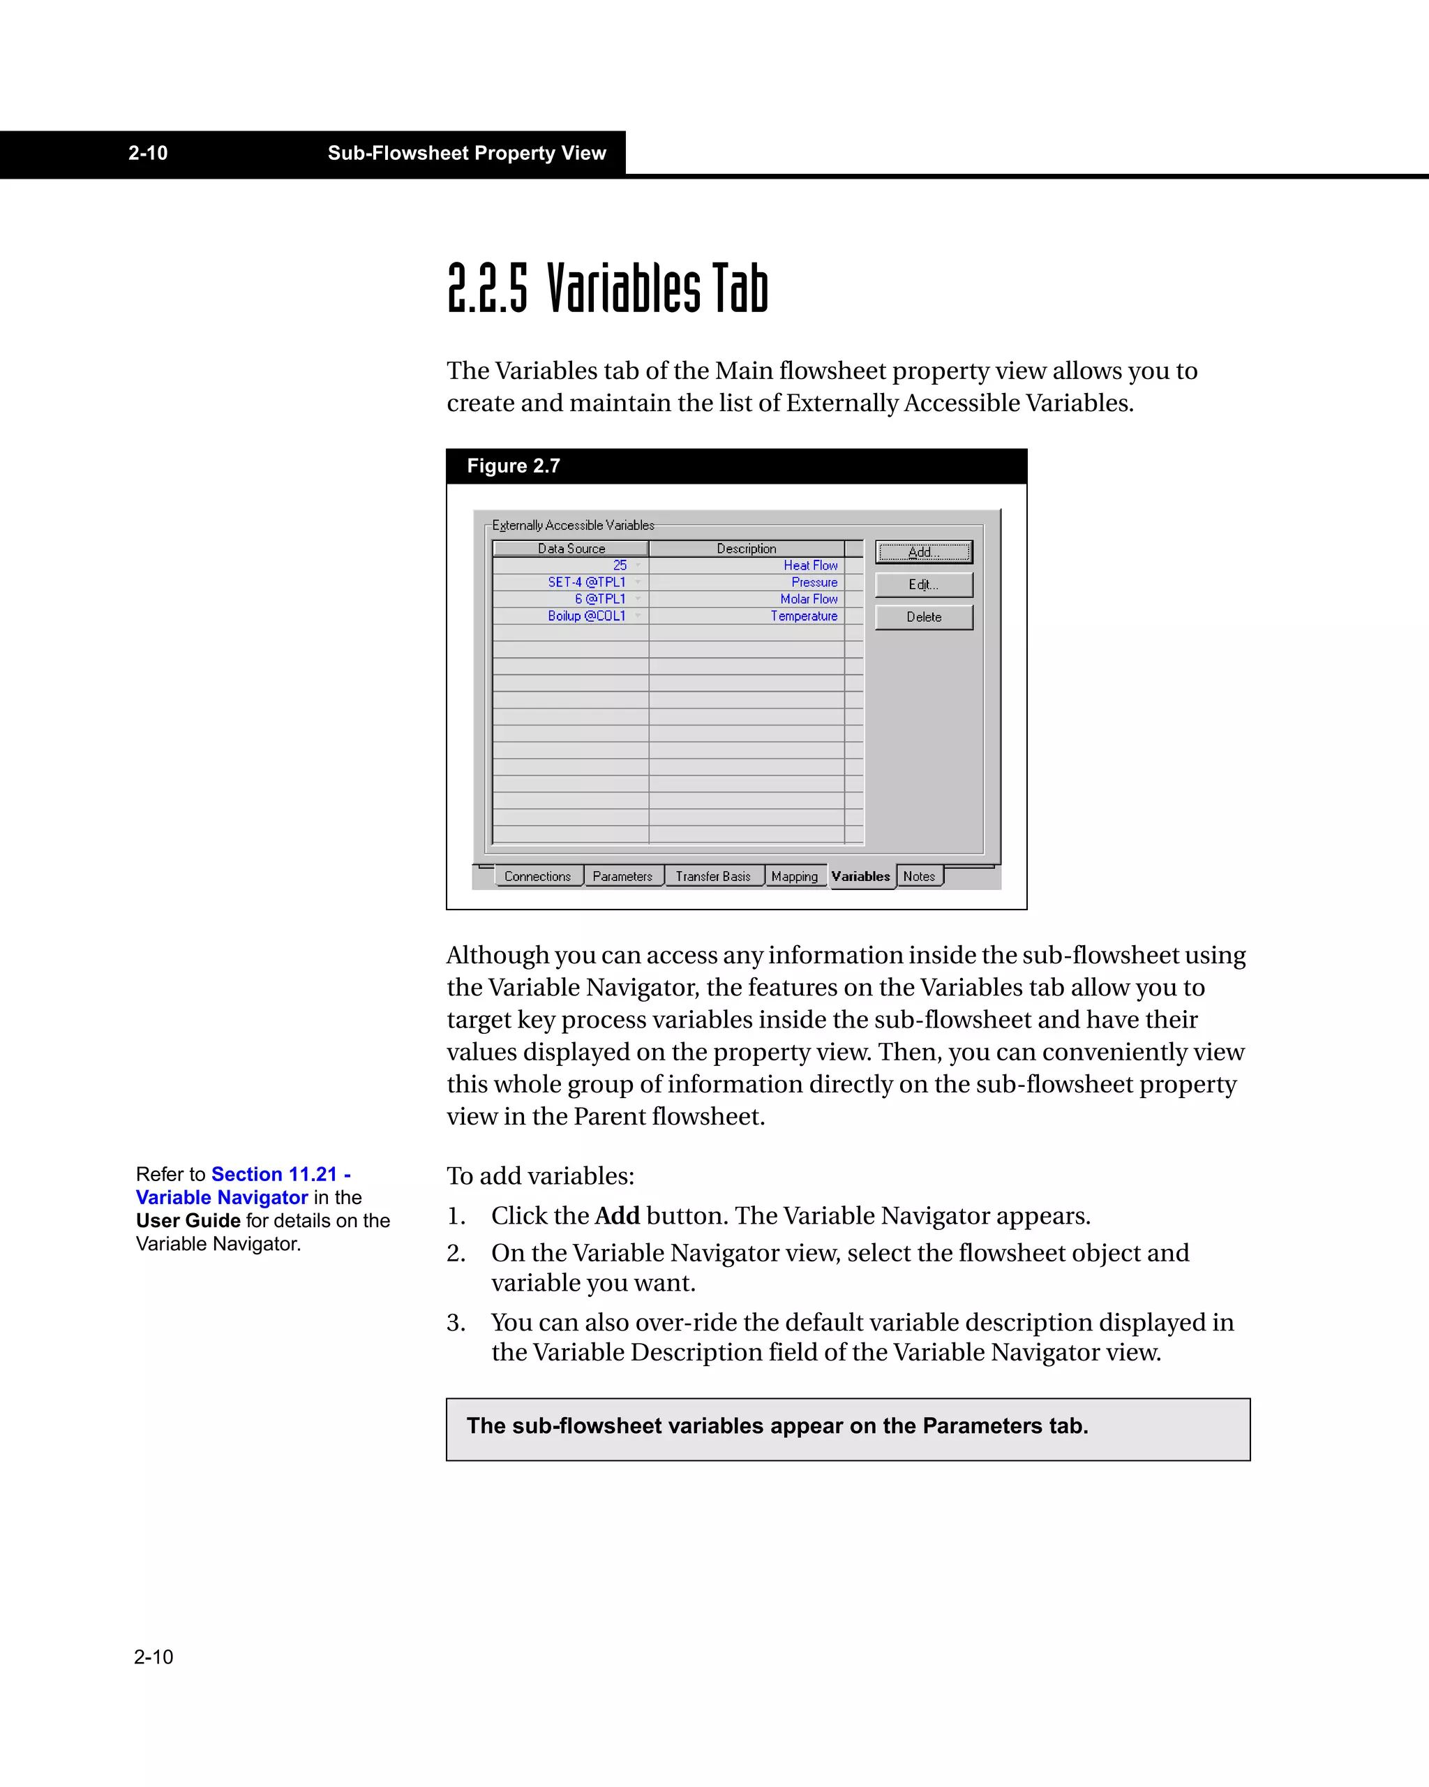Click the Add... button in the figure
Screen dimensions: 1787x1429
(924, 552)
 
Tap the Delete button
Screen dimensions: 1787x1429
(924, 616)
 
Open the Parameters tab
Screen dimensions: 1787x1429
(622, 876)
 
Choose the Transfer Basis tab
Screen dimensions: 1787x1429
(712, 876)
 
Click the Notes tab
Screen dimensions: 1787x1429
(919, 876)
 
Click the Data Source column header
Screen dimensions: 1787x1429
(571, 549)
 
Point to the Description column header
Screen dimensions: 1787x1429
(747, 549)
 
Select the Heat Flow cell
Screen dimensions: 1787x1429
(810, 565)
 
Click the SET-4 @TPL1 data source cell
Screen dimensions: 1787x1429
(587, 582)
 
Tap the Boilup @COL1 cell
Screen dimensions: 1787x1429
(587, 616)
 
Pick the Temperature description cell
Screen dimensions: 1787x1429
(804, 616)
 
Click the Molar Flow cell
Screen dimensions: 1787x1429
(809, 599)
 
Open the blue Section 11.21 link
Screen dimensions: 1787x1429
(275, 1175)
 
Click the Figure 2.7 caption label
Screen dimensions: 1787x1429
(513, 466)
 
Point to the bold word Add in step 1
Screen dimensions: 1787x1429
(617, 1216)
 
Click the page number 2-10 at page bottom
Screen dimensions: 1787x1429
(154, 1657)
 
